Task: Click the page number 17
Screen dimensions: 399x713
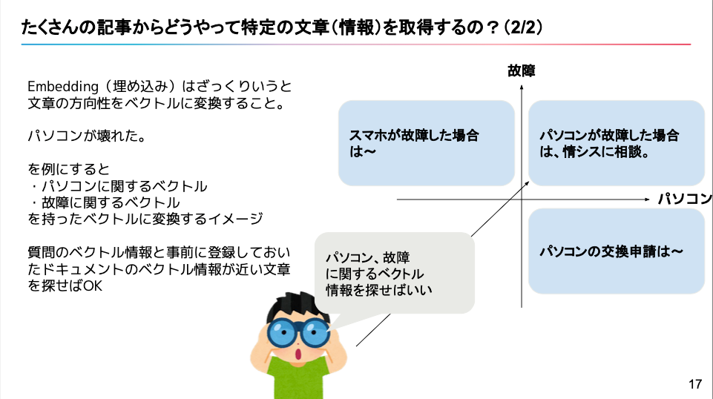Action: point(694,384)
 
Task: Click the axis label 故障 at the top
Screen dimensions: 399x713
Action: point(522,71)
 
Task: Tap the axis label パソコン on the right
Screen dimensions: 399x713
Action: point(684,199)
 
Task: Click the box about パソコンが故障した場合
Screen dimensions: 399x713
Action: point(616,143)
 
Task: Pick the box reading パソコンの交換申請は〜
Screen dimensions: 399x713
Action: point(616,251)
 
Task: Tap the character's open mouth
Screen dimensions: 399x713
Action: point(298,355)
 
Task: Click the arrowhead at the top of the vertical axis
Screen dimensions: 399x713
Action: point(522,88)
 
